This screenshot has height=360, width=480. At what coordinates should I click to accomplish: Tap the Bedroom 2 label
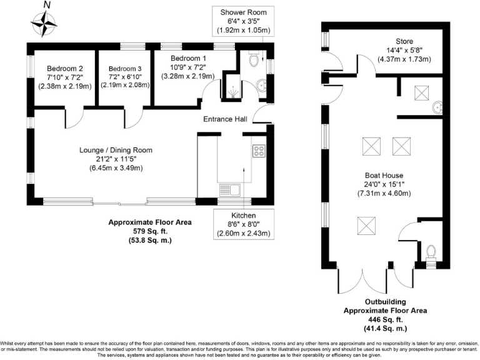(65, 69)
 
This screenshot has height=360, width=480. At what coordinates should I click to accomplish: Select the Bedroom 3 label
(125, 69)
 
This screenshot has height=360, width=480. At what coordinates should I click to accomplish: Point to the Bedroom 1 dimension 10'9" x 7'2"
(188, 67)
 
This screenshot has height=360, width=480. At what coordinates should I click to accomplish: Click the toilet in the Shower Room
(254, 59)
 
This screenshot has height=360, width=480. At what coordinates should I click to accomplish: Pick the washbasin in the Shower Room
(262, 85)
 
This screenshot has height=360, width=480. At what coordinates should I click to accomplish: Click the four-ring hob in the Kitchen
(259, 151)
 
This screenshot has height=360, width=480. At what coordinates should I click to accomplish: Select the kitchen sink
(229, 190)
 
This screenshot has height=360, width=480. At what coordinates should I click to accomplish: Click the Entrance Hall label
(225, 119)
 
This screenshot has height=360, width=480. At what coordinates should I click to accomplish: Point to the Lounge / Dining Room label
(116, 150)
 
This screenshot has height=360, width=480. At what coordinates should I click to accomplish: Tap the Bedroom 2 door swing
(74, 119)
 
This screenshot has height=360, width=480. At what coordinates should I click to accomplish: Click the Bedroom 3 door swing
(134, 119)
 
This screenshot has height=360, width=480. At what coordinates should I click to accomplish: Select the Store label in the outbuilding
(404, 41)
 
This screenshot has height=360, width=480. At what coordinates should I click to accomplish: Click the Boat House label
(384, 176)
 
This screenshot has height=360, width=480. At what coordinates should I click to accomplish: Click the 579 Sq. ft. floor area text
(150, 231)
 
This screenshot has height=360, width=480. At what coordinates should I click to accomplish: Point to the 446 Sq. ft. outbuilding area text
(386, 319)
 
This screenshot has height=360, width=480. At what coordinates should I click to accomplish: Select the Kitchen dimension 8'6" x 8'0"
(243, 224)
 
